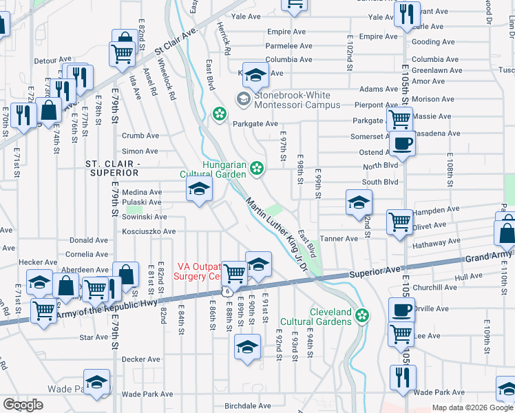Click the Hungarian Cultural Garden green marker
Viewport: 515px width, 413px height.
coord(257,167)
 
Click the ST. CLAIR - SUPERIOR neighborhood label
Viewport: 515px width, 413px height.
coord(113,167)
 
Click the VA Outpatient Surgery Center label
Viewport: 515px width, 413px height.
coord(199,271)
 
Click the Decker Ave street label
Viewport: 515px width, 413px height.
coord(140,359)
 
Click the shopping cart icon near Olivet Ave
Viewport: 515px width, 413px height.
coord(400,222)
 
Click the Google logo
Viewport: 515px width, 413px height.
coord(23,405)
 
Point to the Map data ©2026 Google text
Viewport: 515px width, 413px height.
coord(472,407)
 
